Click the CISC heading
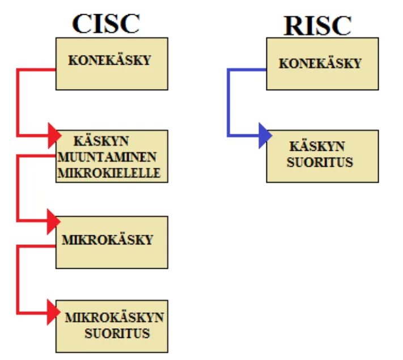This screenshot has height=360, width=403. tap(105, 23)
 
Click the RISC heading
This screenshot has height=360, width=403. tap(317, 25)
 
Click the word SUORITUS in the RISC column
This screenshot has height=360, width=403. tap(320, 162)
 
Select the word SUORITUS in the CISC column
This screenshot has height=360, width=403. tap(117, 333)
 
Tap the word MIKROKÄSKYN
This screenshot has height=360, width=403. tap(114, 317)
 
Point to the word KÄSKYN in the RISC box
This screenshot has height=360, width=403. tap(319, 147)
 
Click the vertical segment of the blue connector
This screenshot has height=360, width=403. tap(228, 102)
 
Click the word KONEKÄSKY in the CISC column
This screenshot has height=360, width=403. tap(110, 60)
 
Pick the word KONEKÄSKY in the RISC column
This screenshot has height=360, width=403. tap(320, 63)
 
